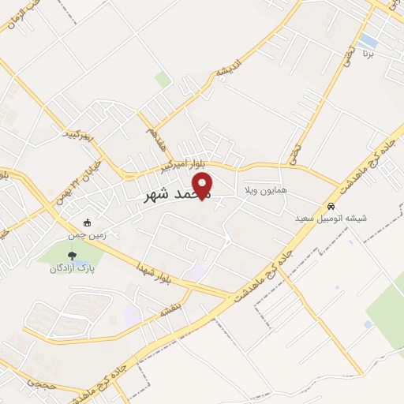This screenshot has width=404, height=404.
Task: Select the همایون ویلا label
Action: (x=265, y=191)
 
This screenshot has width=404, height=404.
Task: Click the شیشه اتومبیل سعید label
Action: (x=331, y=218)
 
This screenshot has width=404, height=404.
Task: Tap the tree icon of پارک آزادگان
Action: (x=73, y=256)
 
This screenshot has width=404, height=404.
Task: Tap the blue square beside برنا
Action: (x=368, y=39)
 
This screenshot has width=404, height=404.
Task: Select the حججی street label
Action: (x=39, y=382)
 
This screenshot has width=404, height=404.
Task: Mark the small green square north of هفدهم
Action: (x=163, y=80)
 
